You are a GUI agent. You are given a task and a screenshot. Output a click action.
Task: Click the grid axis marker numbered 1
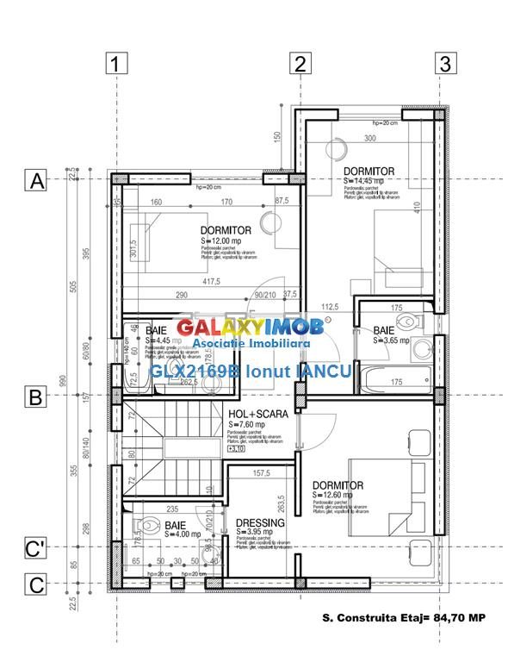point(117,63)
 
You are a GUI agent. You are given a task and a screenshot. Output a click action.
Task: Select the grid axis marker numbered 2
point(299,63)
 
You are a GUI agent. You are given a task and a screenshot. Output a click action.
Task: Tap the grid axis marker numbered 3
point(444,63)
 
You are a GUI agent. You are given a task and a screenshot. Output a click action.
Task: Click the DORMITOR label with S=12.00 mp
point(226,230)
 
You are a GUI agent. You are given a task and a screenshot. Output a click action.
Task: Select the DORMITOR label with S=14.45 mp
point(369,172)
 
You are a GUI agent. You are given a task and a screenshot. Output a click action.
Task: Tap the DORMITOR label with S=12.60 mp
point(338,485)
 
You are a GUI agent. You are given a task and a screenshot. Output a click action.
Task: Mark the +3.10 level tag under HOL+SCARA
point(236,450)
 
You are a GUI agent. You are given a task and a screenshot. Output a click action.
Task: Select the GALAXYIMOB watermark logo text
point(250,328)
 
